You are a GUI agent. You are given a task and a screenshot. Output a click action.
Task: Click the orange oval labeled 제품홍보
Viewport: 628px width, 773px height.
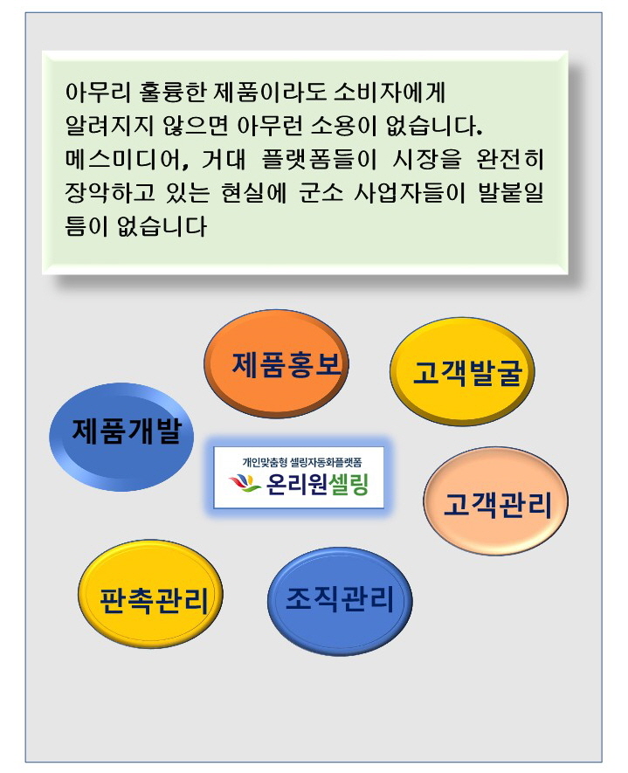coord(276,364)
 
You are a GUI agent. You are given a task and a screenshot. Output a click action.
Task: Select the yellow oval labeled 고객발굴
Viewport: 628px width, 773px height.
coord(462,371)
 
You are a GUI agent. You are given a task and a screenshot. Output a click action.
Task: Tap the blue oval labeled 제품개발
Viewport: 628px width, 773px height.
coord(121,437)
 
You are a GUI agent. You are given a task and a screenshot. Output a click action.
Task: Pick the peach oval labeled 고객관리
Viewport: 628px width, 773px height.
coord(495,500)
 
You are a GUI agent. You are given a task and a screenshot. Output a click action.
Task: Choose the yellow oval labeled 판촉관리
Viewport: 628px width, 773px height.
coord(150,594)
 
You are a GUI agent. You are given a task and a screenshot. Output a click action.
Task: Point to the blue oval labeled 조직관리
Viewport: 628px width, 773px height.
coord(340,601)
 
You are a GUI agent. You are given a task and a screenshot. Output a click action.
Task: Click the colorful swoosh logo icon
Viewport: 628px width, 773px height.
coord(245,483)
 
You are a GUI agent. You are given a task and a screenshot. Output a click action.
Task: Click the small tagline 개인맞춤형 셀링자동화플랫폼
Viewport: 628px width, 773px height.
coord(301,462)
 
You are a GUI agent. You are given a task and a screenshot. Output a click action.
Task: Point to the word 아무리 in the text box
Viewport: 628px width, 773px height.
coord(98,92)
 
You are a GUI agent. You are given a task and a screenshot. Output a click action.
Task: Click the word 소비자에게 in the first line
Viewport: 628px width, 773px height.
coord(390,92)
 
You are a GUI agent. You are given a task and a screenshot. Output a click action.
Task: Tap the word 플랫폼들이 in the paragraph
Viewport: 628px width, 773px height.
coord(319,159)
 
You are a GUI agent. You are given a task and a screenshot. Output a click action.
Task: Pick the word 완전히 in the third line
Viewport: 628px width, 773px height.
coord(510,159)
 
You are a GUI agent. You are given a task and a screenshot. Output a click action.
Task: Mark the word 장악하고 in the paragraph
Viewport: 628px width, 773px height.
coord(109,192)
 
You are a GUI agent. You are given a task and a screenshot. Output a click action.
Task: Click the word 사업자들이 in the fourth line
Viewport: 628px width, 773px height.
coord(409,192)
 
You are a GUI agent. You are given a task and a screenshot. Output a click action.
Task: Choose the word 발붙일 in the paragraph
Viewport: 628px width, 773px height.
coord(511,192)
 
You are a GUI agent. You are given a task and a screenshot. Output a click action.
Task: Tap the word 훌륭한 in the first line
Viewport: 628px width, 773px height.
coord(171,92)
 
